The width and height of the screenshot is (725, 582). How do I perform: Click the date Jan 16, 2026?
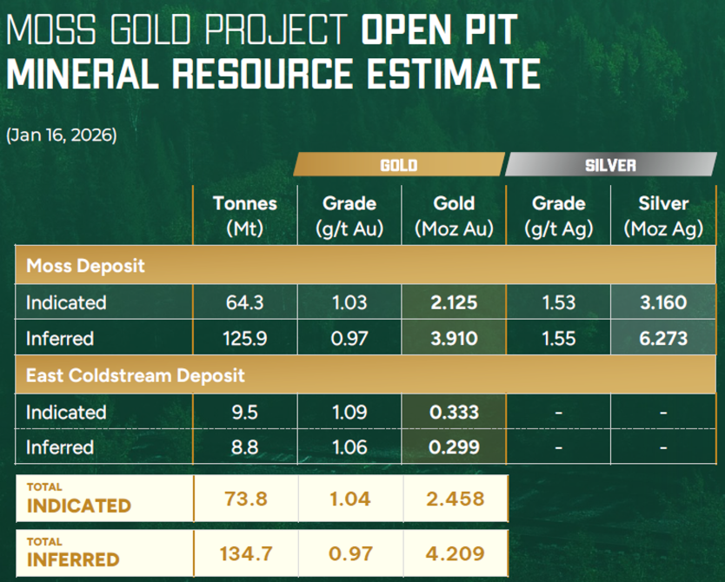(x=62, y=135)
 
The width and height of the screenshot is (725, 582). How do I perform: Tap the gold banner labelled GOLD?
(x=399, y=164)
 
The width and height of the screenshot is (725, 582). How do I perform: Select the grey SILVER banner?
(x=611, y=164)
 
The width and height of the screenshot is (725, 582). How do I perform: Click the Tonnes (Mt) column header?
(x=245, y=215)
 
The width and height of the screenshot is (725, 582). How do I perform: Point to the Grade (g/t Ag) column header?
(x=559, y=215)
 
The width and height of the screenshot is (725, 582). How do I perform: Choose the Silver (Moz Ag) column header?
(x=663, y=215)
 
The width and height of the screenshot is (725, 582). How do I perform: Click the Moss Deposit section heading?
(x=85, y=266)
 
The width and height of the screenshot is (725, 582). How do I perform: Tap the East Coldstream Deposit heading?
(x=136, y=375)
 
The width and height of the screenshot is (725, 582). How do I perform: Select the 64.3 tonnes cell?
(x=245, y=302)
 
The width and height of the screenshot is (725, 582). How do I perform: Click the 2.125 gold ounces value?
(x=454, y=302)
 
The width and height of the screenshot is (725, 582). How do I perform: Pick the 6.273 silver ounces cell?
(x=663, y=338)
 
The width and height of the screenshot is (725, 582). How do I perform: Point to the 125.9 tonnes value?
(x=245, y=338)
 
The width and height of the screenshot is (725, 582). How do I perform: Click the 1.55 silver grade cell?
(x=559, y=338)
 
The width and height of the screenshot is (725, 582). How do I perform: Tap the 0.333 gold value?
(x=454, y=412)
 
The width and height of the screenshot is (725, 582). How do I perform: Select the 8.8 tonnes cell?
(x=245, y=447)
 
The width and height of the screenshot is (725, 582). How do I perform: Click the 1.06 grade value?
(x=349, y=447)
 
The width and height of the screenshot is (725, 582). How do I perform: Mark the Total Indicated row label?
(x=79, y=499)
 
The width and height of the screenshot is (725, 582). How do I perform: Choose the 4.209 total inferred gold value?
(x=456, y=553)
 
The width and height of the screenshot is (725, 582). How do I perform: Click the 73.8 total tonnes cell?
(x=246, y=499)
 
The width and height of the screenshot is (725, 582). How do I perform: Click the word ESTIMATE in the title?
(x=454, y=74)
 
